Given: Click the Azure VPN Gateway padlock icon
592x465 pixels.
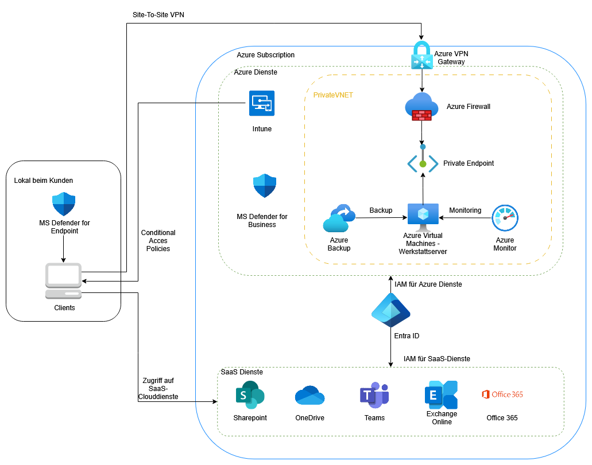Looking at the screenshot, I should tap(423, 56).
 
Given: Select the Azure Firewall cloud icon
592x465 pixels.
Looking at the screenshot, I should tap(421, 107).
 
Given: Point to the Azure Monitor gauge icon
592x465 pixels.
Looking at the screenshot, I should tap(505, 218).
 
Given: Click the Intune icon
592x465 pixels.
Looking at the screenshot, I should tap(262, 103).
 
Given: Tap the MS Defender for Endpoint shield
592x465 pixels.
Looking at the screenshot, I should tap(64, 204).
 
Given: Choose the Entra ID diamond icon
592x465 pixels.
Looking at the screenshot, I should tap(390, 312).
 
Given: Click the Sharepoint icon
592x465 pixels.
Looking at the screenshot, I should tap(250, 396).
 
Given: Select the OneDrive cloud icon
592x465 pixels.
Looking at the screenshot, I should tap(309, 396).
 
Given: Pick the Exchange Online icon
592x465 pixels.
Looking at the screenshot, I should tap(441, 394).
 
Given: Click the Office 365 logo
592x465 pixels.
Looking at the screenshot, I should tap(502, 394).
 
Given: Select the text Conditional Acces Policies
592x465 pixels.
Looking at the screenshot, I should tap(158, 241).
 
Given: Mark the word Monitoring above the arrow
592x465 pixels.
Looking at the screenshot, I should tap(465, 210).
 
